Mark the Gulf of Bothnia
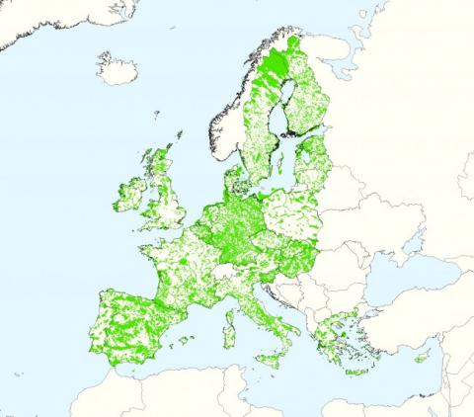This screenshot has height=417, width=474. (x=288, y=109)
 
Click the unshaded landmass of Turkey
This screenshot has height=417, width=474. (x=415, y=316)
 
